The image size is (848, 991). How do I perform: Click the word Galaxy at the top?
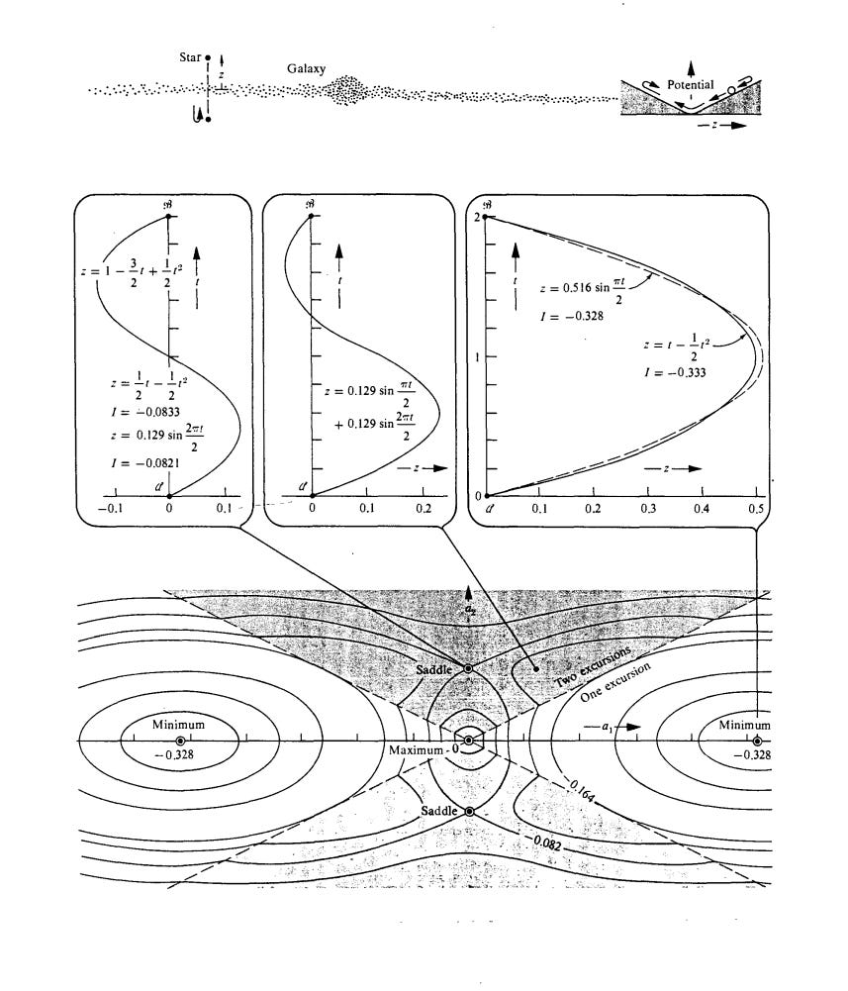click(307, 70)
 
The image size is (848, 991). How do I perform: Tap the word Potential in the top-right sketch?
click(691, 84)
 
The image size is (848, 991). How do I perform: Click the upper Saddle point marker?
click(469, 669)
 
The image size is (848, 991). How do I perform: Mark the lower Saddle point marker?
click(469, 811)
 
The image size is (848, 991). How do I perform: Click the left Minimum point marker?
click(179, 741)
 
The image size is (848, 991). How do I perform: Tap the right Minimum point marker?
click(757, 741)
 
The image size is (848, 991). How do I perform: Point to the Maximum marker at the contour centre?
click(469, 741)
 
